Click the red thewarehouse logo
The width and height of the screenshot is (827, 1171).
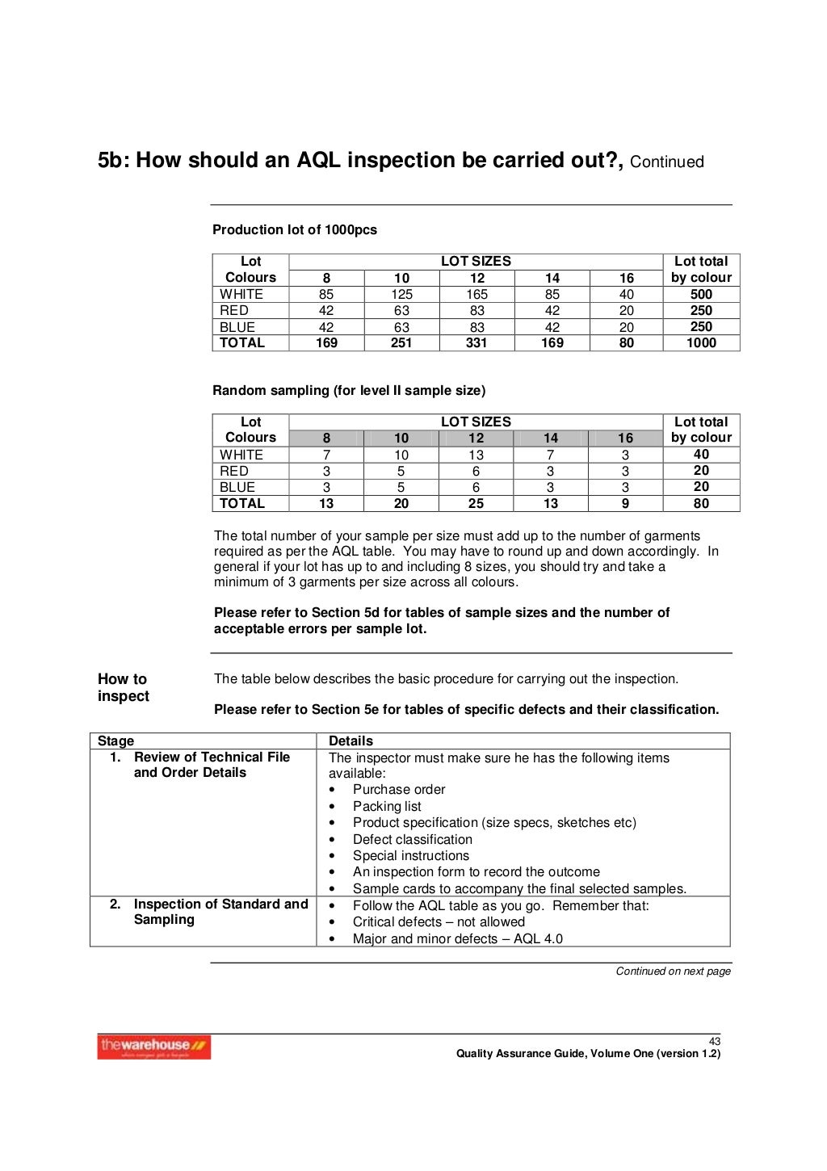153,1047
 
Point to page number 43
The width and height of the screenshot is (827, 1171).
714,1041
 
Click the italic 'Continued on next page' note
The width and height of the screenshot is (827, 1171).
673,971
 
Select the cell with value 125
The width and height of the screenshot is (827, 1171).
401,294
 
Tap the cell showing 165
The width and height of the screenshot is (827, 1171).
476,294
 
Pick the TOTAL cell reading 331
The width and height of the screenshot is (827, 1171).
476,342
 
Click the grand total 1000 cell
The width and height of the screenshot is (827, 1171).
701,342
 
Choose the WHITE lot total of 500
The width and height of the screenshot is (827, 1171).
701,294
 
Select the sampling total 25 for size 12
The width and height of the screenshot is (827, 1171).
476,503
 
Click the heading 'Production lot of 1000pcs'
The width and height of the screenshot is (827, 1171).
295,229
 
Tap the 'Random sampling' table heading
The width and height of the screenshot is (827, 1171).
349,390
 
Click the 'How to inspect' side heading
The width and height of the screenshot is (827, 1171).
123,687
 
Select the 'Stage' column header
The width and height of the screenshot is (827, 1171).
115,741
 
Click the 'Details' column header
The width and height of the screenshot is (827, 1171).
351,741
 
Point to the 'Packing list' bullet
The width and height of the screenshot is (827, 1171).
387,806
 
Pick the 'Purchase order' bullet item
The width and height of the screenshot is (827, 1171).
399,789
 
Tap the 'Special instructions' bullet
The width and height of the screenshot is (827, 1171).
410,855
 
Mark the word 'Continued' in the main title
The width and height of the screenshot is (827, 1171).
666,162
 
